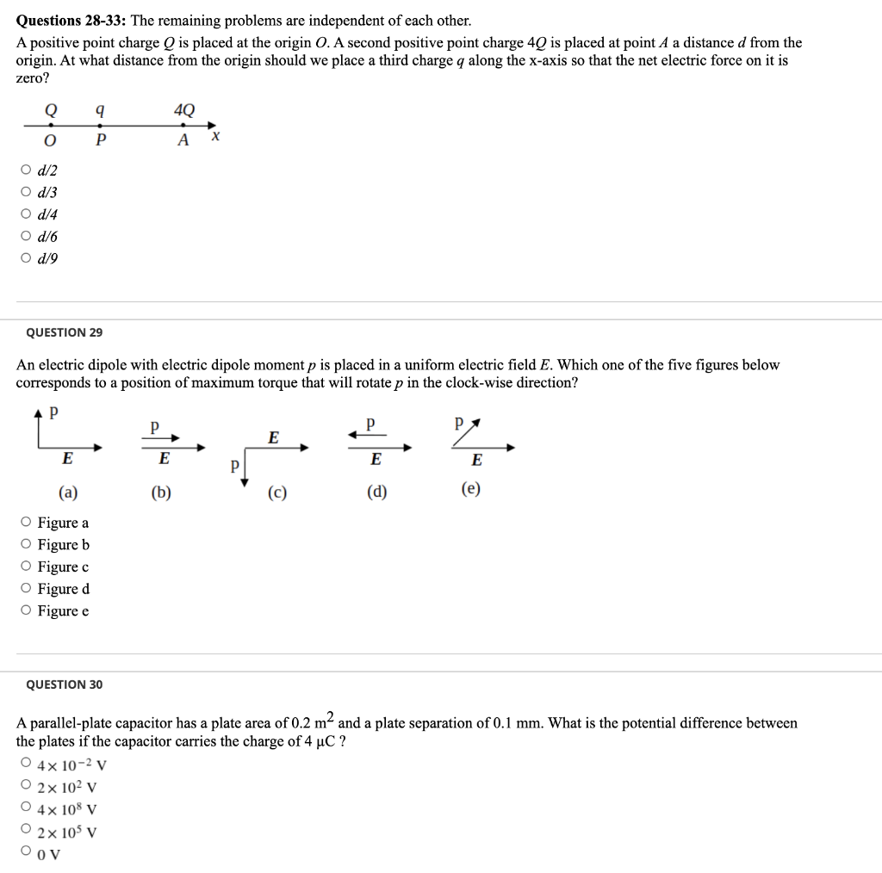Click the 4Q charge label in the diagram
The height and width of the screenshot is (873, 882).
point(184,110)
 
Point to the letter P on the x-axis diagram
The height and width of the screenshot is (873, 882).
point(101,141)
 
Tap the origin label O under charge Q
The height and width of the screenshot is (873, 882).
point(50,141)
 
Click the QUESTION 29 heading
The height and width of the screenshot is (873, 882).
point(65,332)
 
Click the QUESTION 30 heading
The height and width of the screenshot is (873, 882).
point(65,684)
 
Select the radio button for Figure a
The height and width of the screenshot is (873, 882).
point(27,522)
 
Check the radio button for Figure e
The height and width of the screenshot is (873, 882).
point(27,610)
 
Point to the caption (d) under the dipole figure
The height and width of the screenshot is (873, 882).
point(376,492)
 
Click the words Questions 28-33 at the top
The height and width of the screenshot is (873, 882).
point(70,20)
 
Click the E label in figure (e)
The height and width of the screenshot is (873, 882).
point(476,461)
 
